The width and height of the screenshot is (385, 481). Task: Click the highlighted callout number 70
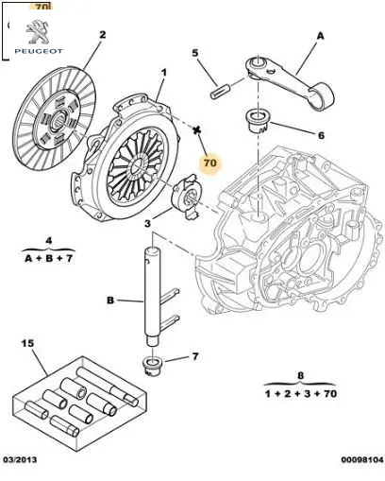click(210, 163)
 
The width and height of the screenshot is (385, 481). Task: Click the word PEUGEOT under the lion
click(39, 51)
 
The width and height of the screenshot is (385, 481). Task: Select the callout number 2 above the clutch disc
click(103, 35)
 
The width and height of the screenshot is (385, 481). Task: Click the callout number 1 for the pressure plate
click(163, 73)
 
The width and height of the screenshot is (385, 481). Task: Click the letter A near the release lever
click(320, 36)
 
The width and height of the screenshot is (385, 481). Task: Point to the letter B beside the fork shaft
click(110, 301)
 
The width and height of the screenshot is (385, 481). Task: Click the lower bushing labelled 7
click(152, 366)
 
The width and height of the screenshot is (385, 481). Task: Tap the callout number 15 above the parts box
click(27, 343)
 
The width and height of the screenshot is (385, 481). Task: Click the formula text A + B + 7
click(49, 258)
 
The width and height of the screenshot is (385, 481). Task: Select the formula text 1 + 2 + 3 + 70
click(301, 393)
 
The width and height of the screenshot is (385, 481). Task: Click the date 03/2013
click(20, 459)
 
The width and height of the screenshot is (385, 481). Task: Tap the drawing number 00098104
click(362, 459)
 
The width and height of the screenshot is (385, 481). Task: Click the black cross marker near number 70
click(197, 129)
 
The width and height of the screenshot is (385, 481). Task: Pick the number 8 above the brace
click(300, 375)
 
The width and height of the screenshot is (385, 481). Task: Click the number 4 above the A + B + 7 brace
click(49, 241)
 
